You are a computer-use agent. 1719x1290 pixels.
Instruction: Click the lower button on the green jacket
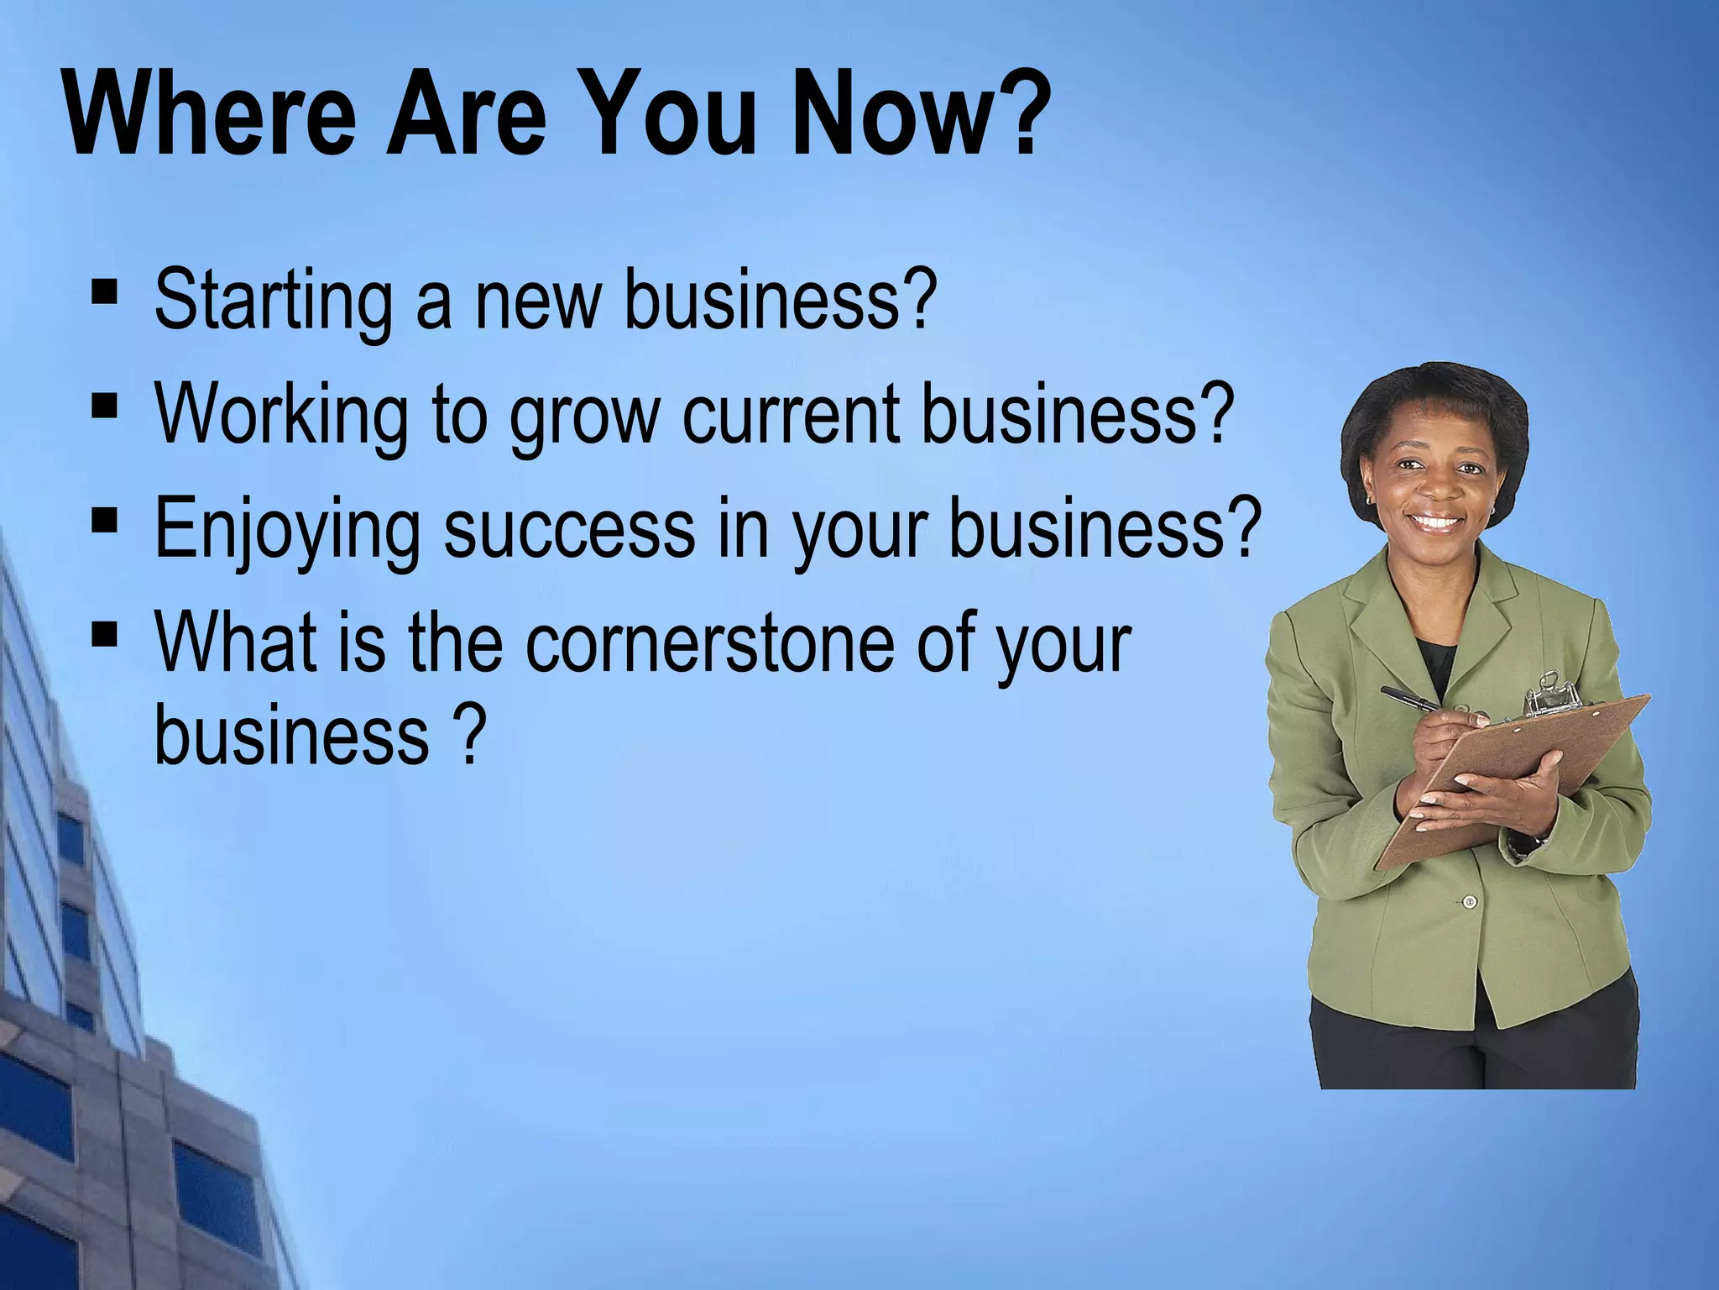point(1470,902)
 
